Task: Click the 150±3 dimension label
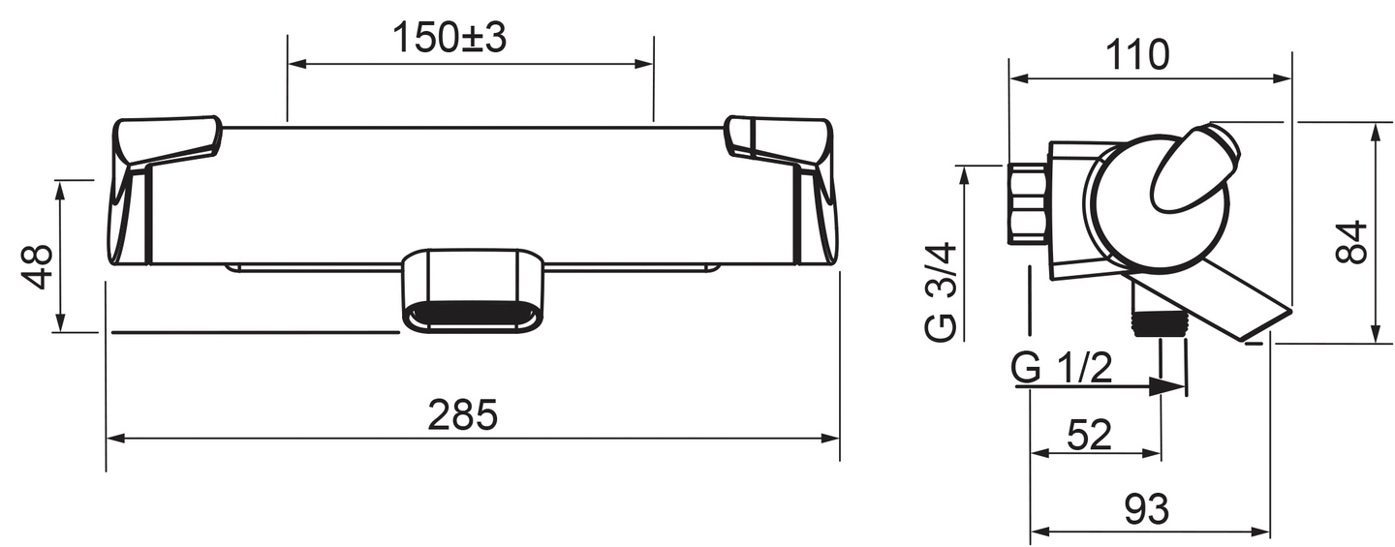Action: pos(449,38)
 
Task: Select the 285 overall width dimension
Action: pos(462,415)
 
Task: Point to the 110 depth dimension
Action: pos(1137,56)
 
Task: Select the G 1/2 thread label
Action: pos(1062,369)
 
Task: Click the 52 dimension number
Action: pos(1090,436)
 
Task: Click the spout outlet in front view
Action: pos(472,315)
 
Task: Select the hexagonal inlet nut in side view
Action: pos(1028,204)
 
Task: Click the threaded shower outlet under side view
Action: pos(1159,321)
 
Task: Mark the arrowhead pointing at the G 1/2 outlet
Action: pos(1173,385)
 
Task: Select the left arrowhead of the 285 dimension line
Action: pos(114,439)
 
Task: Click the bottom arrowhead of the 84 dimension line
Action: pos(1376,334)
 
